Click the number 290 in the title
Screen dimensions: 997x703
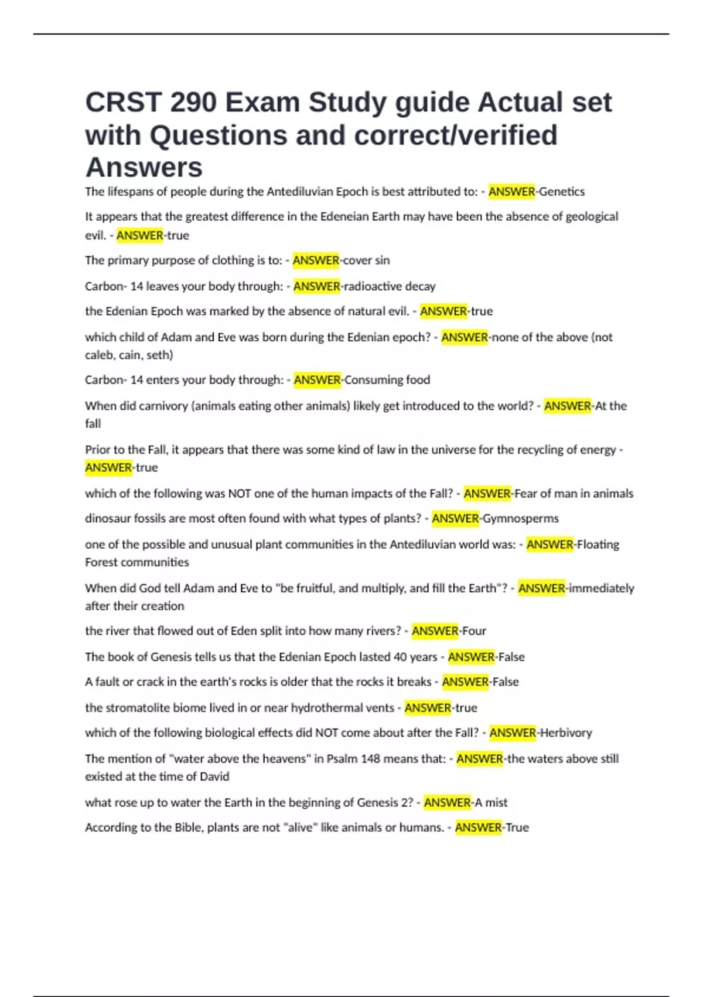tap(193, 103)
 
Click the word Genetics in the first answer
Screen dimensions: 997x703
tap(562, 192)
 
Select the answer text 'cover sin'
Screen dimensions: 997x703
tap(366, 260)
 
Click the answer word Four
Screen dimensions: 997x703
tap(475, 631)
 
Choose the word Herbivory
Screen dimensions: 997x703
tap(566, 733)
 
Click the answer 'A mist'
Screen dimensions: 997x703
tap(491, 802)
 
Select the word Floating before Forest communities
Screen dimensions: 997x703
tap(598, 544)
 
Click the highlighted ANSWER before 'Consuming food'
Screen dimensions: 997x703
tap(318, 380)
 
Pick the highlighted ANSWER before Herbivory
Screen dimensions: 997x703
tap(513, 733)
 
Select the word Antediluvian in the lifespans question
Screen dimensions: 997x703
tap(301, 192)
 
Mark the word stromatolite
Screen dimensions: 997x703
tap(138, 708)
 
